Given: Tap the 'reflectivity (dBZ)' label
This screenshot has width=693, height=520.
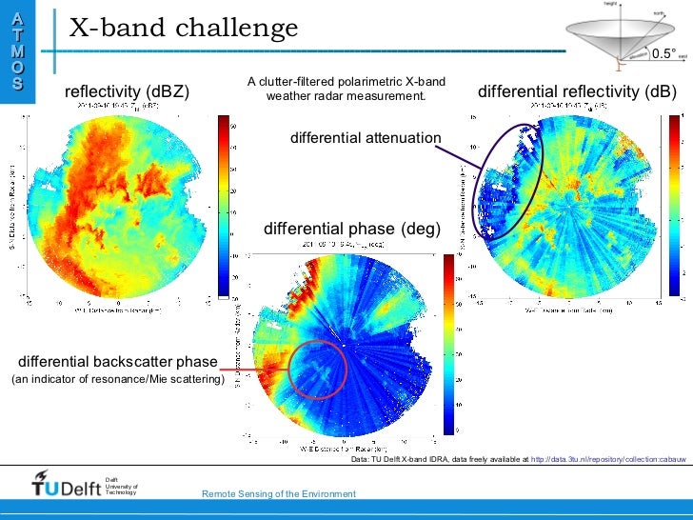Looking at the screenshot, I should (x=127, y=91).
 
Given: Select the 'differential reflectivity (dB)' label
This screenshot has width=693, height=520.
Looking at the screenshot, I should (x=576, y=91).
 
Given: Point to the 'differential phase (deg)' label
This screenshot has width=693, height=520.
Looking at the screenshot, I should (x=352, y=230).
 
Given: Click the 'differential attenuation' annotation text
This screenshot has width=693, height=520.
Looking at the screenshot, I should (x=366, y=139).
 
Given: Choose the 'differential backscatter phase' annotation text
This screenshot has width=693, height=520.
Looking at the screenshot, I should (x=117, y=362).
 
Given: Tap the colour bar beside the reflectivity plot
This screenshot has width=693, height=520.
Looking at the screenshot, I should (x=224, y=206).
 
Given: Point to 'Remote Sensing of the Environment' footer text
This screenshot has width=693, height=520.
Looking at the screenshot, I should (x=279, y=493).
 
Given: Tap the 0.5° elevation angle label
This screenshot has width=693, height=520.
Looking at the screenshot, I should (x=664, y=53).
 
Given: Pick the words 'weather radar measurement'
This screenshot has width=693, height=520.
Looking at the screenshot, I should (x=346, y=96).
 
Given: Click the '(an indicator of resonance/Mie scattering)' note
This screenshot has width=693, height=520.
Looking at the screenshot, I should (x=117, y=380).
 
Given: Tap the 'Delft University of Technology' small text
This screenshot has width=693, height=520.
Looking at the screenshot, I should (x=121, y=486).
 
